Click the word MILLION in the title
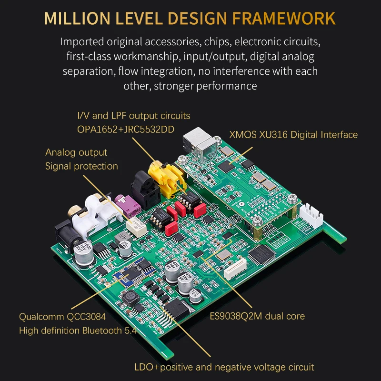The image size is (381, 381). (x=77, y=18)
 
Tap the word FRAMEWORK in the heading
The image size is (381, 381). (x=284, y=18)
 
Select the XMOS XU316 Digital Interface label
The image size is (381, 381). (x=293, y=135)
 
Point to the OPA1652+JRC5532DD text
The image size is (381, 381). (x=133, y=129)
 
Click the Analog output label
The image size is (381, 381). (x=76, y=152)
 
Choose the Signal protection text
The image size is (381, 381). (x=81, y=166)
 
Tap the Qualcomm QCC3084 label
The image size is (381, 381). (x=62, y=316)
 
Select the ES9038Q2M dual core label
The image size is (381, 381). (x=257, y=316)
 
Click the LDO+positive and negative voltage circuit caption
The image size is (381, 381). (x=224, y=367)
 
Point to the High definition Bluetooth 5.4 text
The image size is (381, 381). (x=78, y=331)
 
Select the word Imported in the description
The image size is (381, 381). (x=81, y=41)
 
